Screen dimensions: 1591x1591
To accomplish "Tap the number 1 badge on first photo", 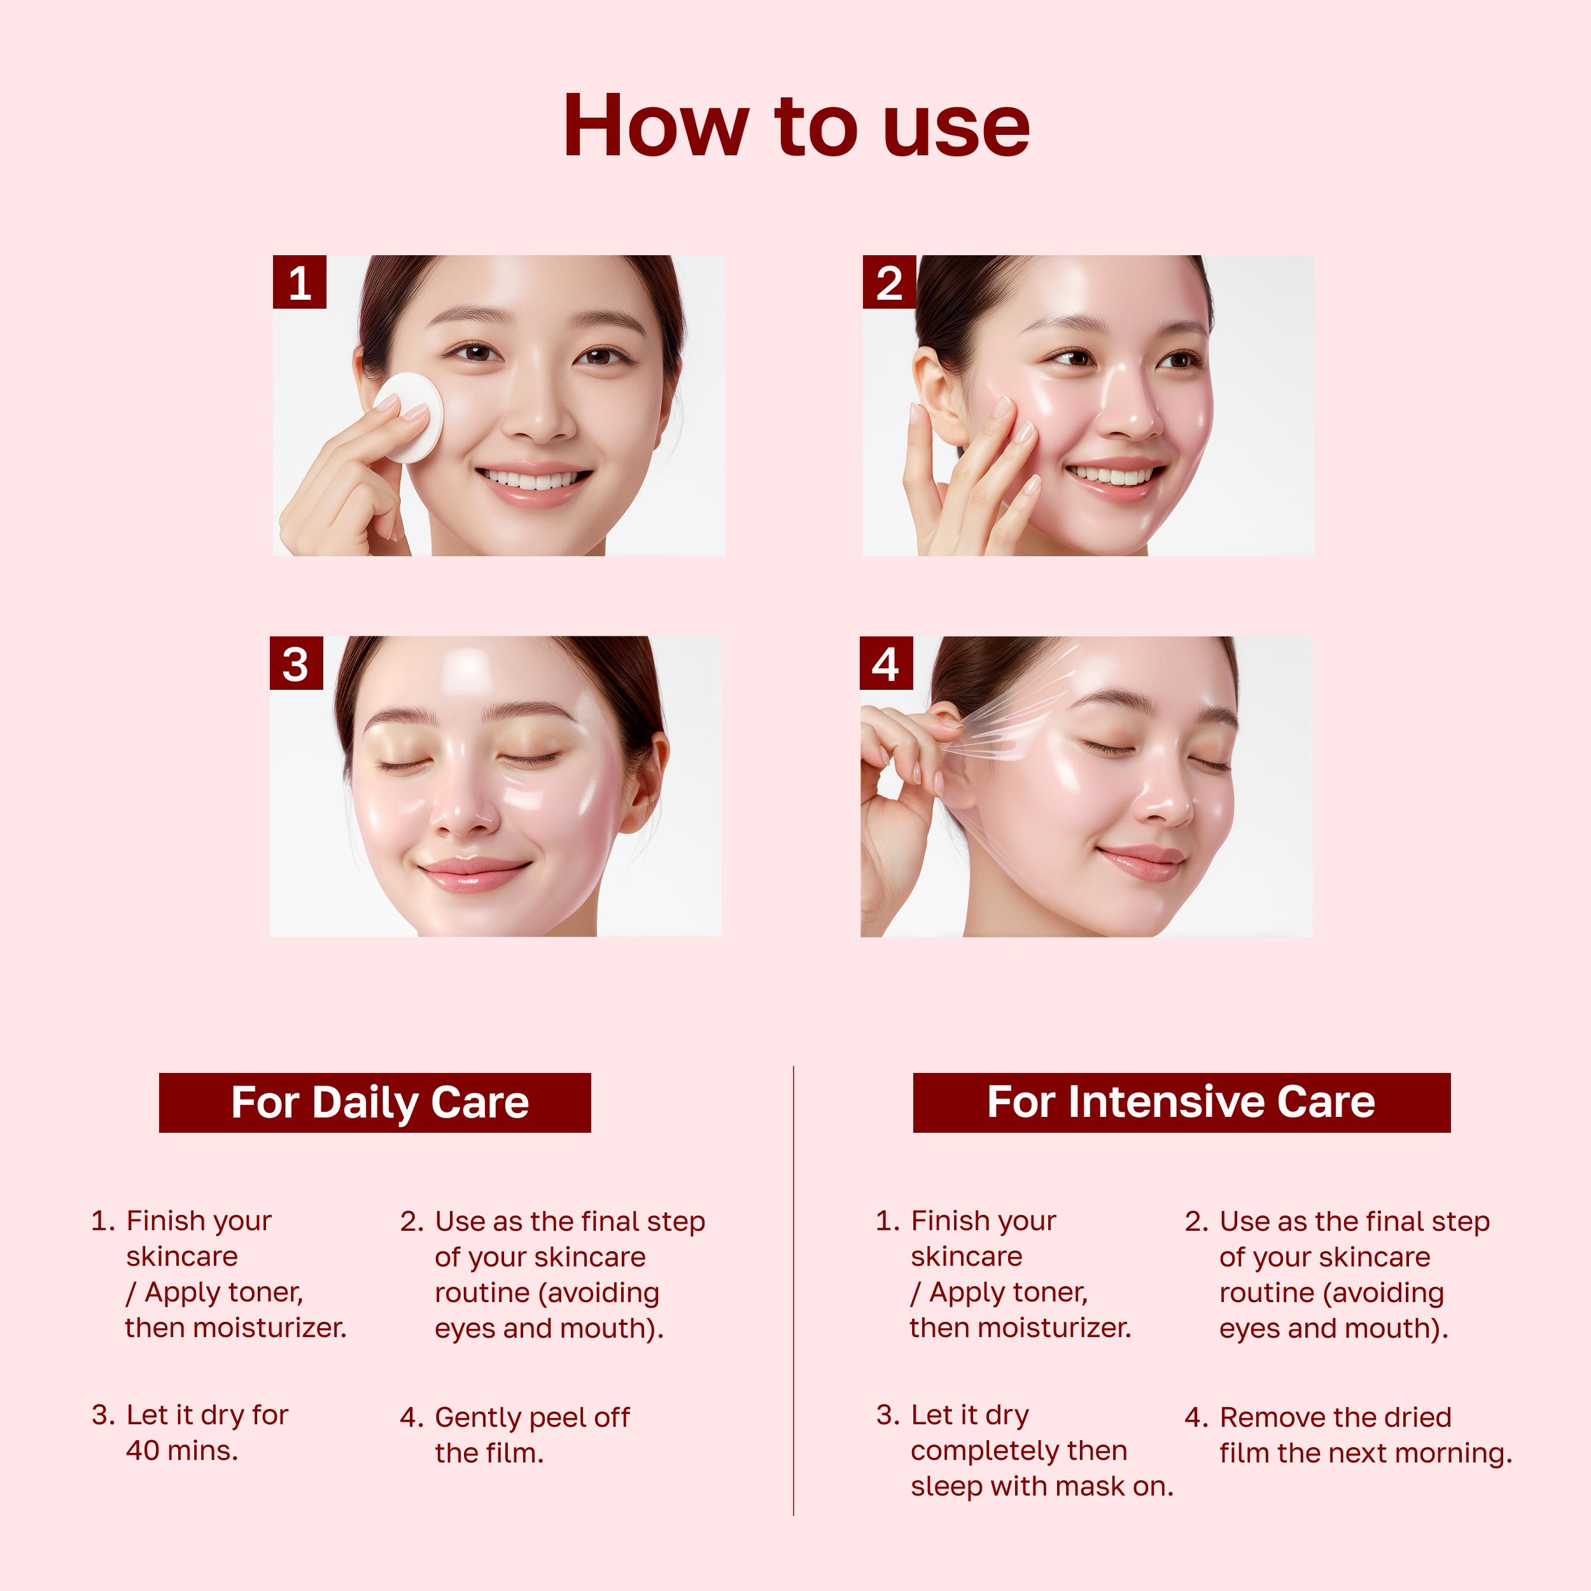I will click(x=299, y=283).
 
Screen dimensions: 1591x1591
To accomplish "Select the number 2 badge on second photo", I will click(x=888, y=283).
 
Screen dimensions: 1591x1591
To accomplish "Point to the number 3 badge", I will click(x=296, y=664).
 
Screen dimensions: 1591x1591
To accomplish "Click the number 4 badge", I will click(x=886, y=664).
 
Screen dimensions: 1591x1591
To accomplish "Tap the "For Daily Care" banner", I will click(x=375, y=1103).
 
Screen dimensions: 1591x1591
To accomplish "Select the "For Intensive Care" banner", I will click(x=1182, y=1103).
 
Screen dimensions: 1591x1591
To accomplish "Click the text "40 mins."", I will click(x=182, y=1450).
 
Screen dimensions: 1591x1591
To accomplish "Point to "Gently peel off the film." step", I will click(x=531, y=1434).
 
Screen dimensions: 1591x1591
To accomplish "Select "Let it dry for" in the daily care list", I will click(x=207, y=1415).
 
